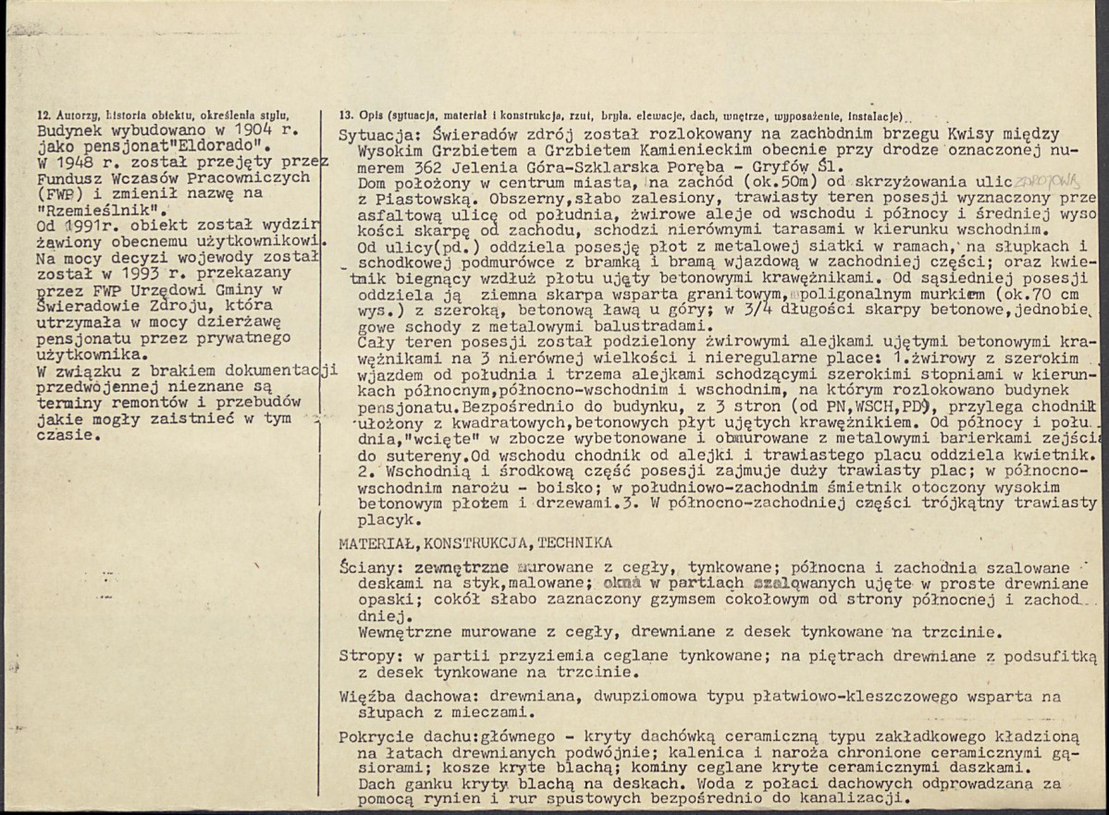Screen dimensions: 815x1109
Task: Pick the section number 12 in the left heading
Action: click(x=41, y=116)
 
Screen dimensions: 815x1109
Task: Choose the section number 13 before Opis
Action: click(x=346, y=116)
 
